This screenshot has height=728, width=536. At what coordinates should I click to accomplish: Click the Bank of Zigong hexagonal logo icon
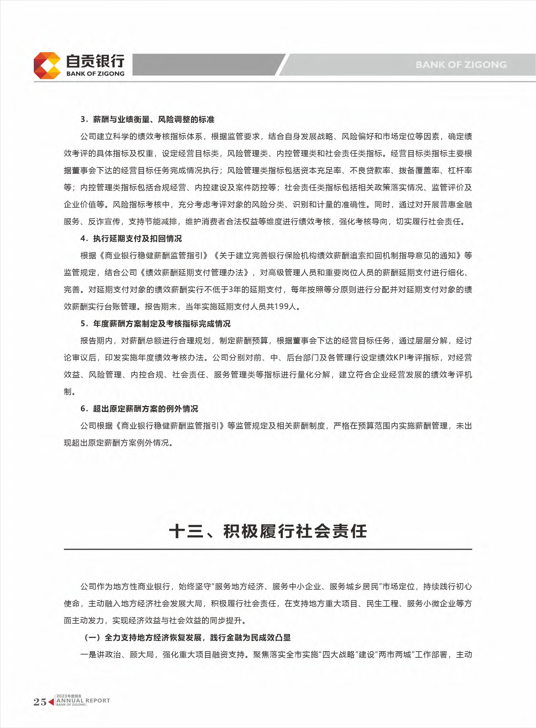[x=47, y=65]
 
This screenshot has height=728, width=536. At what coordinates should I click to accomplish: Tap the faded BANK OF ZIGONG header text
[x=461, y=65]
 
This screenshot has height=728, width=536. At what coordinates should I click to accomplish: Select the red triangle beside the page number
[x=51, y=702]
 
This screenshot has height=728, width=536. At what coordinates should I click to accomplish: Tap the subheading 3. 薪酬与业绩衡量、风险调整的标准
[x=147, y=119]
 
